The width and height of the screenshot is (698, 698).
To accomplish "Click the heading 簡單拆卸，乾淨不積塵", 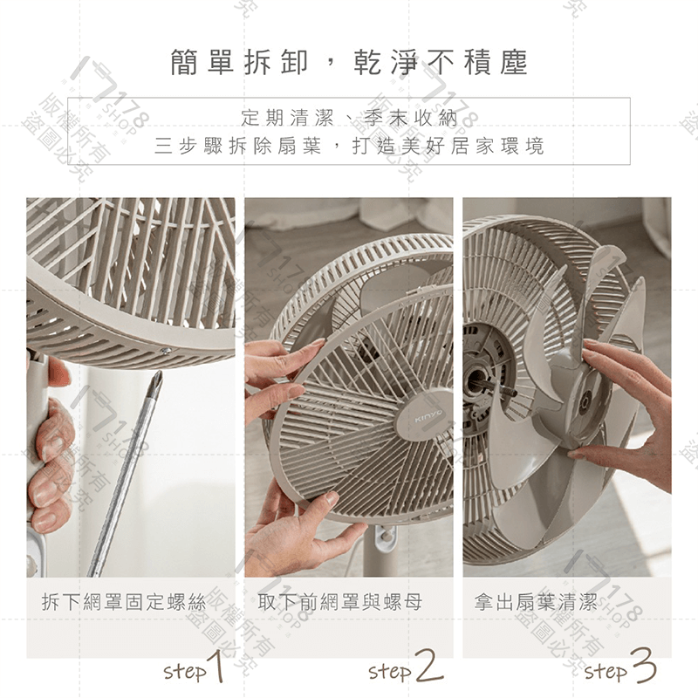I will coord(349,64).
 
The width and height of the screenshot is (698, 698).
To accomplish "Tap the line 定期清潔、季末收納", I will coord(349,116).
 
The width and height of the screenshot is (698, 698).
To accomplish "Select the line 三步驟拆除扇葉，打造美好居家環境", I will coord(349,146).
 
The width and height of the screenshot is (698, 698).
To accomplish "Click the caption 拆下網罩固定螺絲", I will coord(123,601).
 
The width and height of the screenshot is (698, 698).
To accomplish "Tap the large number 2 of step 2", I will coord(428,667).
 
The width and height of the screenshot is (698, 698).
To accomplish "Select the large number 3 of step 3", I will coord(642,667).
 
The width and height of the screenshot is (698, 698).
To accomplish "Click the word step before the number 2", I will coord(389,672).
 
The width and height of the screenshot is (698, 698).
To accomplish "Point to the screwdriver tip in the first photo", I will coord(156,380).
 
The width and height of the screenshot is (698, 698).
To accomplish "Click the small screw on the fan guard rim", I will coord(164,352).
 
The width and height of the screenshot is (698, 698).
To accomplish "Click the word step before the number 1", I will coord(183,672).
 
